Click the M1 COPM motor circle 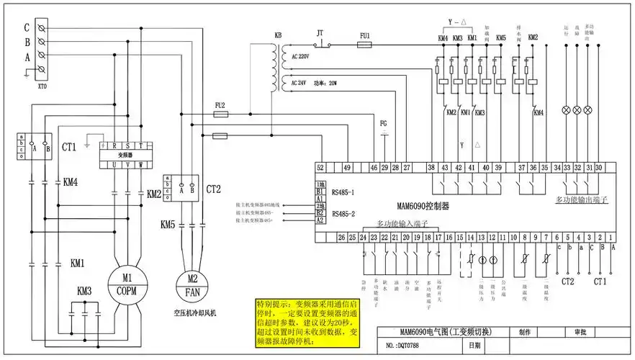(x=127, y=284)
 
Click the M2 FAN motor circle (x=192, y=286)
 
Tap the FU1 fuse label (x=365, y=35)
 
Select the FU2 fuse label (x=220, y=105)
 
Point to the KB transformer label (x=278, y=35)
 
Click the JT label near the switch (x=320, y=33)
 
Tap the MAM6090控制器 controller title (x=426, y=204)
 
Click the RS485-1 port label (x=343, y=192)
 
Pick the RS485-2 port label (x=343, y=214)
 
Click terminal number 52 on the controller (x=320, y=167)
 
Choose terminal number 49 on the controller (x=347, y=167)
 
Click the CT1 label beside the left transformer (x=69, y=147)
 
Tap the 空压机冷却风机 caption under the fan (x=195, y=314)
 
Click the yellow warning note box (x=315, y=326)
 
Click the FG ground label (x=384, y=123)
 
